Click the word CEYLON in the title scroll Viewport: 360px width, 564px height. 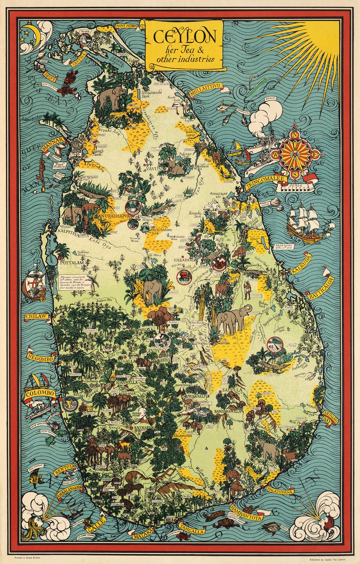click(x=184, y=37)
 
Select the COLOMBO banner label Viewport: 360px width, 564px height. click(x=40, y=394)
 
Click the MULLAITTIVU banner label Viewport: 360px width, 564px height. click(x=206, y=90)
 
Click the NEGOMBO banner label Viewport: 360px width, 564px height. click(x=40, y=357)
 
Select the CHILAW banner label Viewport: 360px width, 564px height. click(x=36, y=316)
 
